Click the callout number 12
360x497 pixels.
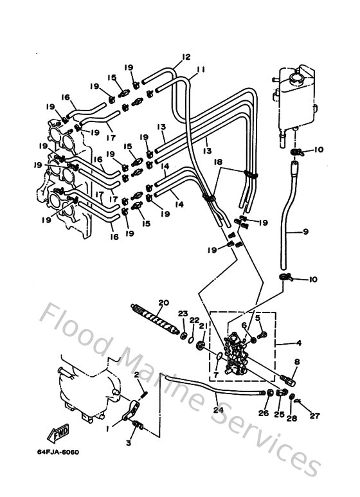[186, 57]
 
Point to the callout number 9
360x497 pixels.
[305, 231]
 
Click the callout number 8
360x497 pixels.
[296, 363]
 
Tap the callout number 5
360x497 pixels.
[257, 318]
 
